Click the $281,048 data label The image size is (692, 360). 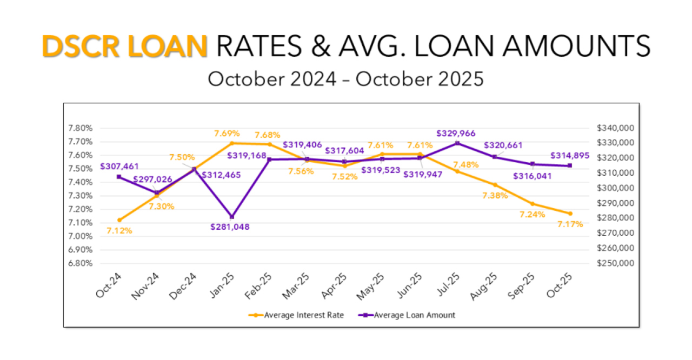coord(231,226)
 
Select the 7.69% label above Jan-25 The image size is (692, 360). coord(227,133)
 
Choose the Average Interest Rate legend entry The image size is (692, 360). coord(297,315)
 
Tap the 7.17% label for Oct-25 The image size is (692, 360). coord(570,224)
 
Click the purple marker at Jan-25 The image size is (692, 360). coord(232,217)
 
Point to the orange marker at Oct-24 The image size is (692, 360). coord(119,220)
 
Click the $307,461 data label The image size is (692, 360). coord(119,167)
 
